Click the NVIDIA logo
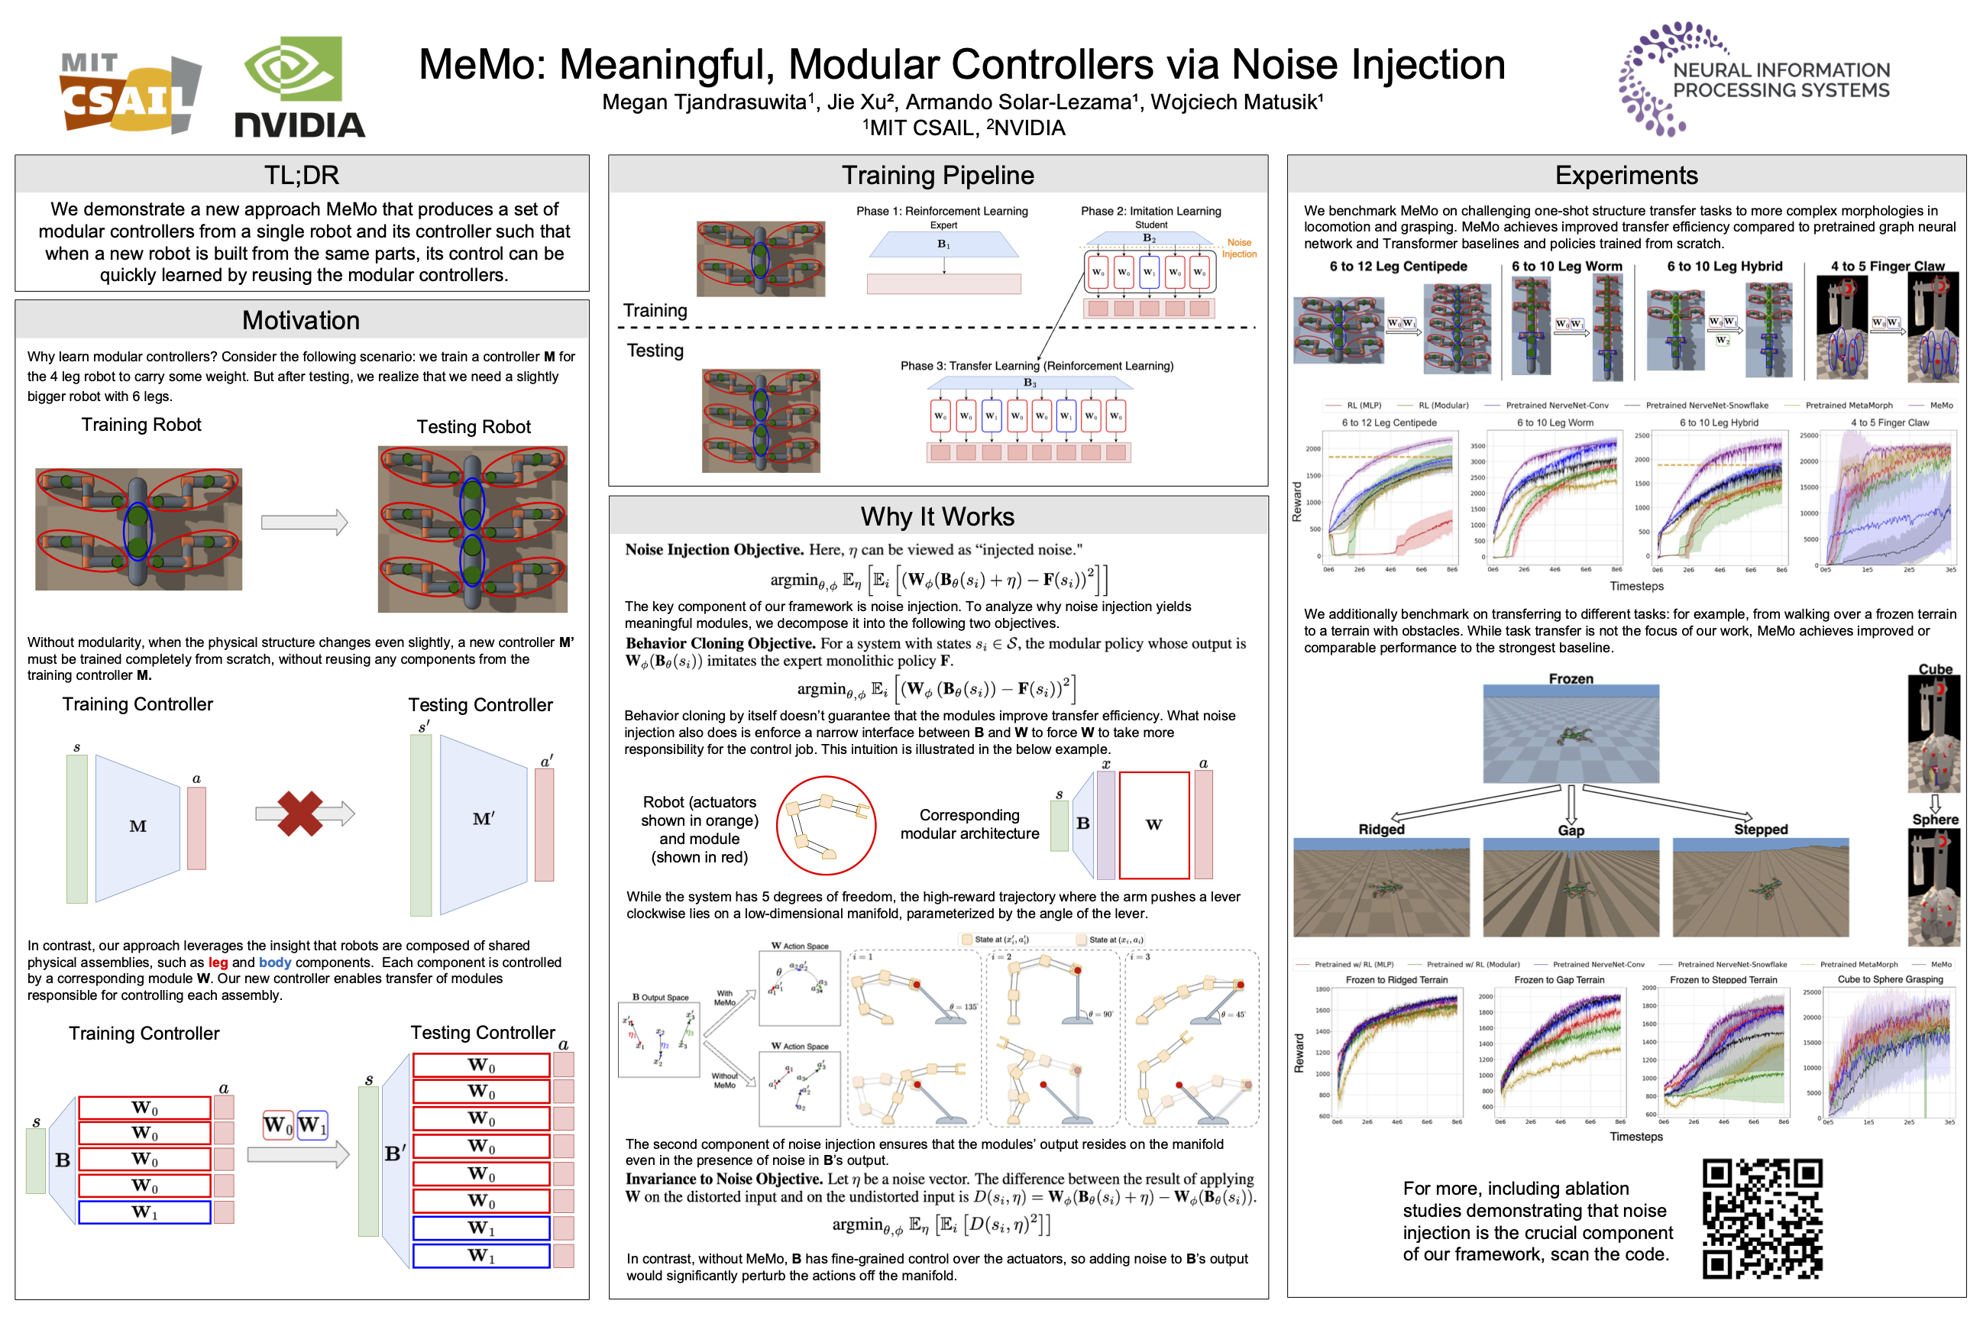click(299, 88)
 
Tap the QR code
click(1762, 1218)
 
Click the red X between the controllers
click(299, 814)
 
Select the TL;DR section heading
click(302, 175)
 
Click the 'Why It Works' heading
click(937, 516)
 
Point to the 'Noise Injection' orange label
click(1238, 248)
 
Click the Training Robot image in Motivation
click(139, 529)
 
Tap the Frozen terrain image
click(1570, 734)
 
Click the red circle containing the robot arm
click(825, 825)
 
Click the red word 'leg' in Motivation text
click(218, 962)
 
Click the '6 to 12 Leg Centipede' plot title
click(1389, 422)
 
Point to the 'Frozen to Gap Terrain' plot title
click(1559, 980)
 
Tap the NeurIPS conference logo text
click(1781, 80)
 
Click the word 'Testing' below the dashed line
click(655, 350)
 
